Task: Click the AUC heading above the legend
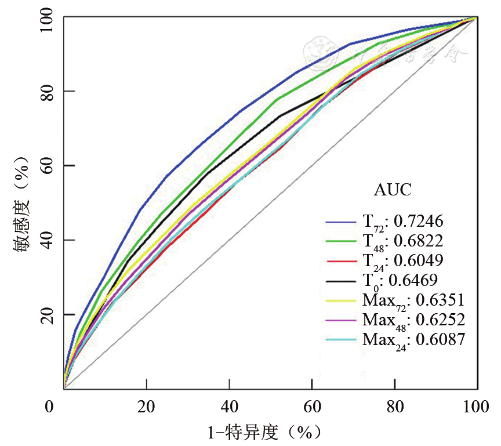click(x=393, y=190)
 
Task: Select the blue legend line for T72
click(x=343, y=221)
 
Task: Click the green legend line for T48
click(x=343, y=241)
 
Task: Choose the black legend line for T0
click(x=343, y=281)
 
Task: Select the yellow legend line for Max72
click(x=343, y=301)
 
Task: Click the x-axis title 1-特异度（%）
click(x=264, y=432)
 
